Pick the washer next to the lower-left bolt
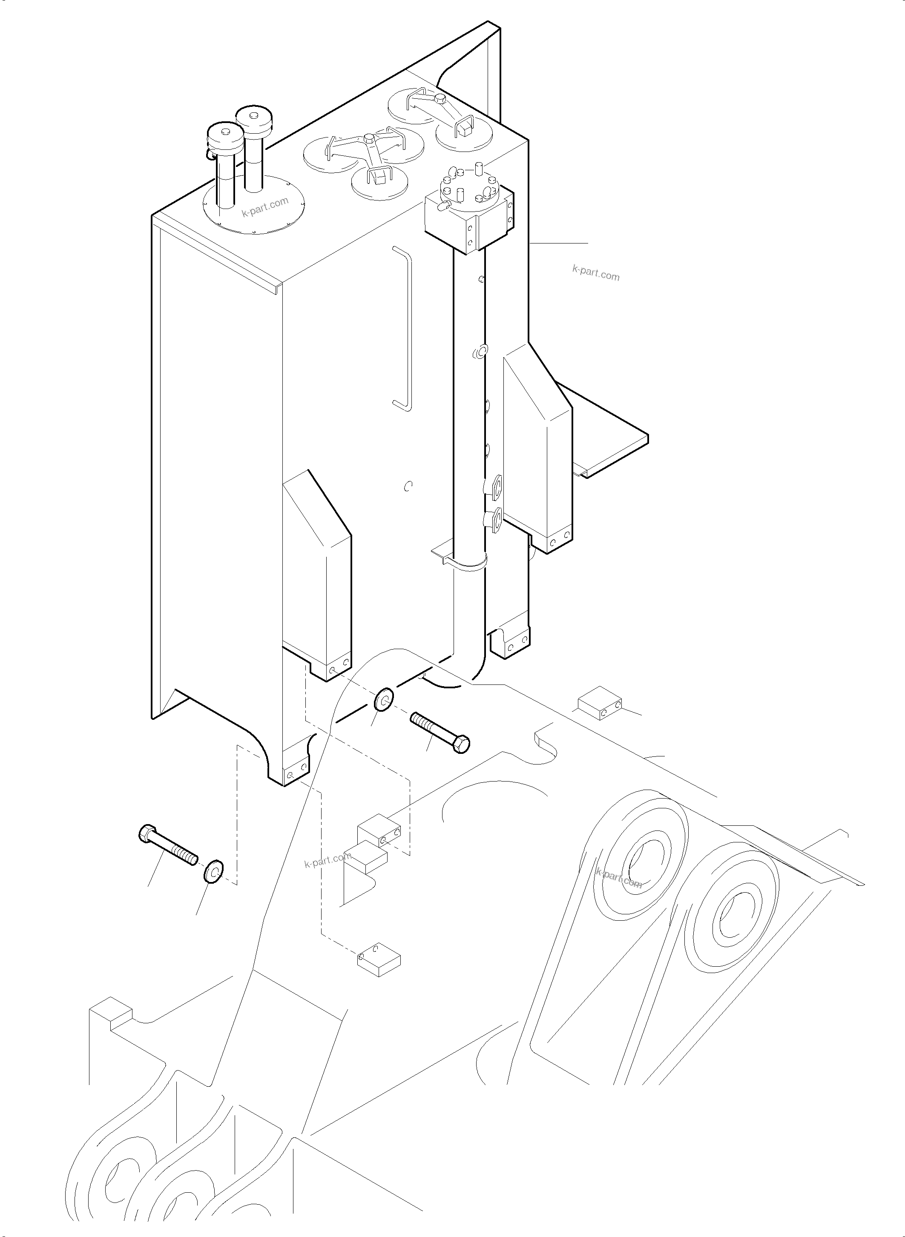pos(213,873)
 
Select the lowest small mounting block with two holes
pos(379,962)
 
